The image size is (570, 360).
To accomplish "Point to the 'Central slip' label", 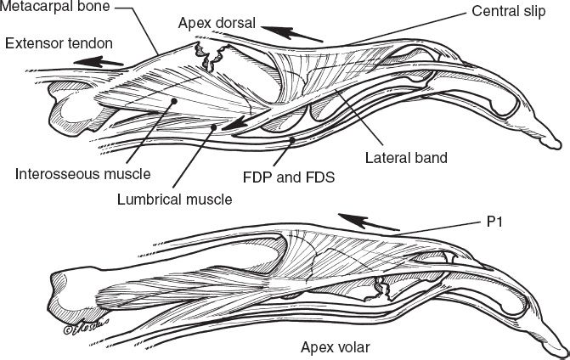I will coord(505,14).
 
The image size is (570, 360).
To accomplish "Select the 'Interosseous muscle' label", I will coord(82,174).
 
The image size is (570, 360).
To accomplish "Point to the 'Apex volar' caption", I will coord(333,346).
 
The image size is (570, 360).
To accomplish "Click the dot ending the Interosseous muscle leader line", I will coord(172,101).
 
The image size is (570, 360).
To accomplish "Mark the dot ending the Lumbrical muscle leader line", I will coord(215,127).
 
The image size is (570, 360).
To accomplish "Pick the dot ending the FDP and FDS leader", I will coord(291,138).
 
